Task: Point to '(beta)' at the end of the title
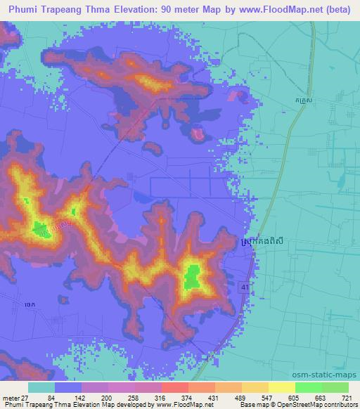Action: coord(336,10)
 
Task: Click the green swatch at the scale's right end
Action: coord(335,387)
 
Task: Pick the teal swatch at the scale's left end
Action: coord(41,387)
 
